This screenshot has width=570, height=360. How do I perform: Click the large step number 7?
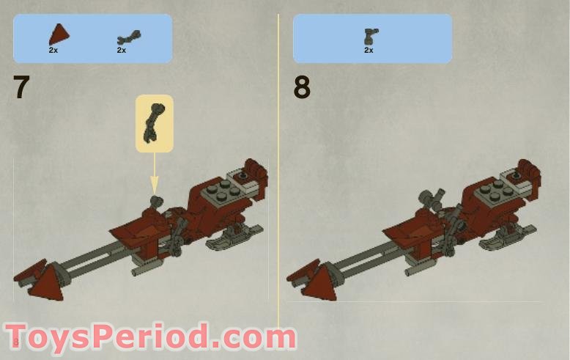(21, 87)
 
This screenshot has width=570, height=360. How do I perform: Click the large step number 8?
(302, 87)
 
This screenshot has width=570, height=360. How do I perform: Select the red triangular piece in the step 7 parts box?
(59, 35)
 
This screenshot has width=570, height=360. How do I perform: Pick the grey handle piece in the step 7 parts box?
(129, 37)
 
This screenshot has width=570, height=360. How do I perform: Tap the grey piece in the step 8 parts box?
(371, 37)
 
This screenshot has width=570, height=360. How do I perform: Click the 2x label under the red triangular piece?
(53, 51)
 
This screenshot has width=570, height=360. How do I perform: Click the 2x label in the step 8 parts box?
(369, 50)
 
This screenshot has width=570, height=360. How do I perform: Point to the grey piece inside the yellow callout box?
(154, 123)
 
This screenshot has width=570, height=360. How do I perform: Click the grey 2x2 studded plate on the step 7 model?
(219, 192)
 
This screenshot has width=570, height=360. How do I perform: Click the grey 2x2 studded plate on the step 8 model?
(492, 192)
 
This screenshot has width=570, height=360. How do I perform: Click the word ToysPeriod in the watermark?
(108, 337)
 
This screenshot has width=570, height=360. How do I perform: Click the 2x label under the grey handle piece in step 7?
(122, 51)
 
